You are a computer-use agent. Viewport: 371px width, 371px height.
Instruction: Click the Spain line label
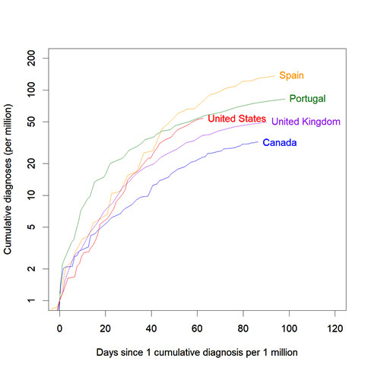click(291, 75)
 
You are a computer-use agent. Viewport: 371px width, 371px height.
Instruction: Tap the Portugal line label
click(308, 99)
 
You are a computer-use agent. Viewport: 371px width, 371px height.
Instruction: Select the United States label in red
click(236, 119)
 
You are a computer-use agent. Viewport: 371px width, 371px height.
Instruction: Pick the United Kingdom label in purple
click(306, 122)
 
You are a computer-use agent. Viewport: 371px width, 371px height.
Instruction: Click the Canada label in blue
click(279, 143)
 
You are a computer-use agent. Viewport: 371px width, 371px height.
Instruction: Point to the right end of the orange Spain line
click(275, 75)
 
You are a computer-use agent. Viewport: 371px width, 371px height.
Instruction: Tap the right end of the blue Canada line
click(258, 142)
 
